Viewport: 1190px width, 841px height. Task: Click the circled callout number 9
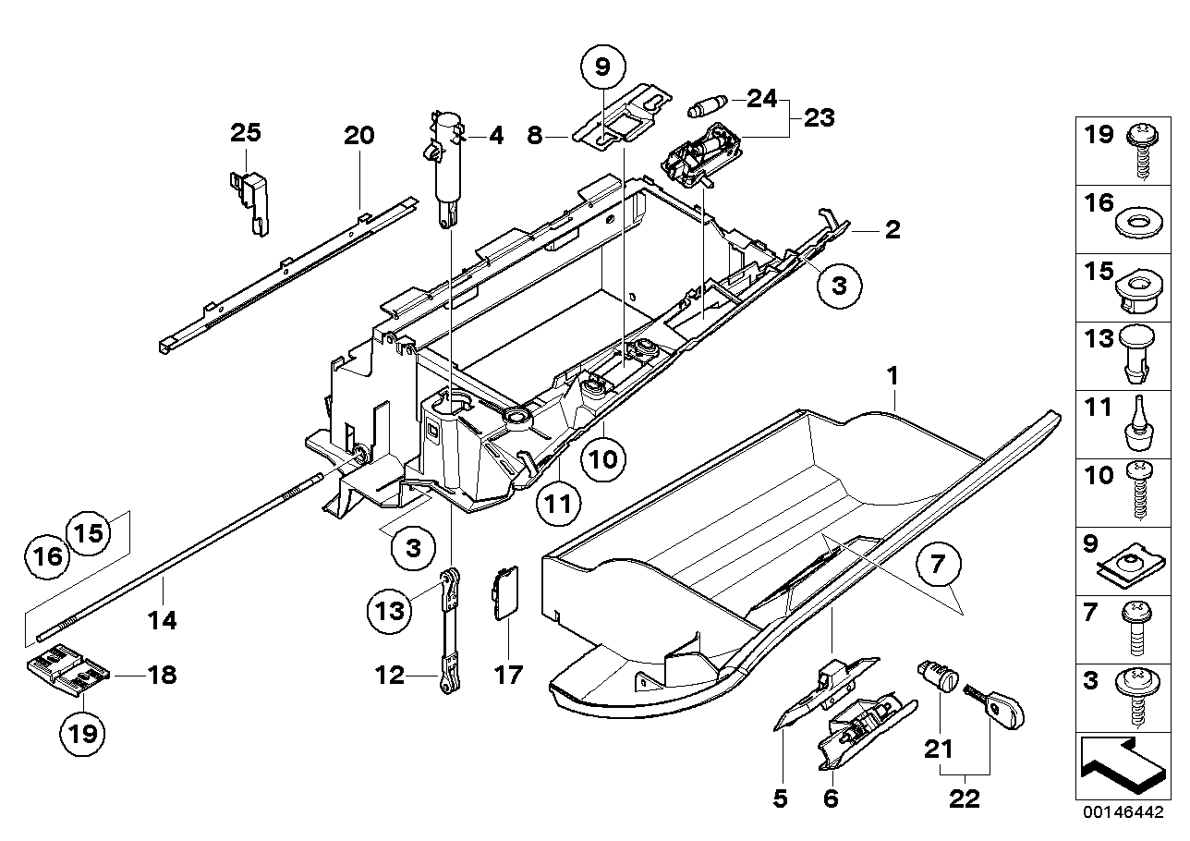point(602,67)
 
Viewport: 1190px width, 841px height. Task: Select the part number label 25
point(246,133)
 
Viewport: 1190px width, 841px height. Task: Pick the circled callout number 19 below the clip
point(82,736)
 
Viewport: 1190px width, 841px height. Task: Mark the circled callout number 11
point(560,504)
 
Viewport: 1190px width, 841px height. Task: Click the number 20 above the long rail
point(358,137)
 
